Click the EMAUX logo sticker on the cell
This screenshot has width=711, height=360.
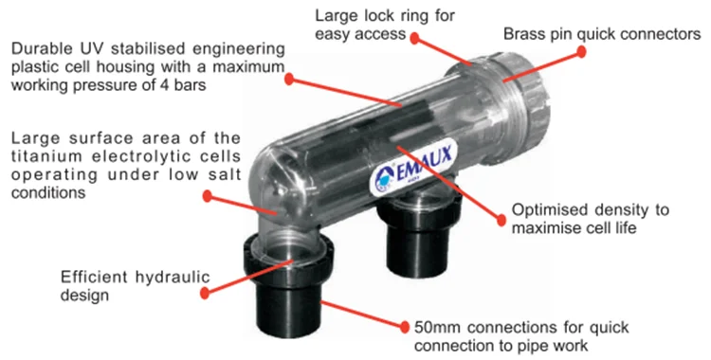click(x=413, y=169)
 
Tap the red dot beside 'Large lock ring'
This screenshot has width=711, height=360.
click(x=414, y=39)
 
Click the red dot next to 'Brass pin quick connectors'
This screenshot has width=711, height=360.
click(x=581, y=52)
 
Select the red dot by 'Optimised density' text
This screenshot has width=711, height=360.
click(x=501, y=221)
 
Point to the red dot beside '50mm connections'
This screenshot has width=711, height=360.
click(x=405, y=326)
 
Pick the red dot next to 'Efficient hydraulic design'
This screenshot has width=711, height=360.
click(x=205, y=294)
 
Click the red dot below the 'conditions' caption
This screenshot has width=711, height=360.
click(x=208, y=196)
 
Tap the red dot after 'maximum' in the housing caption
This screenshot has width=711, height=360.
click(x=289, y=80)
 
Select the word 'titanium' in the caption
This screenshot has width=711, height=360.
click(x=48, y=156)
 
